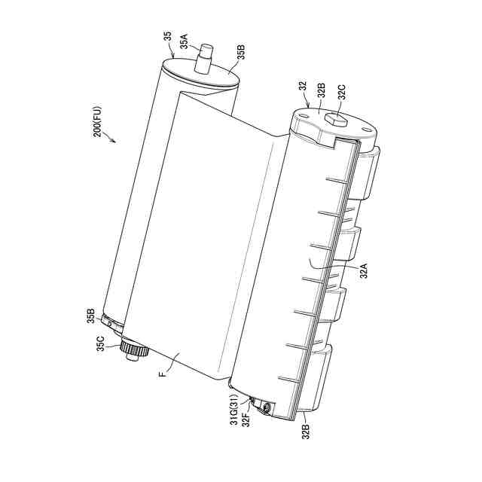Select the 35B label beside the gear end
tap(90, 316)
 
